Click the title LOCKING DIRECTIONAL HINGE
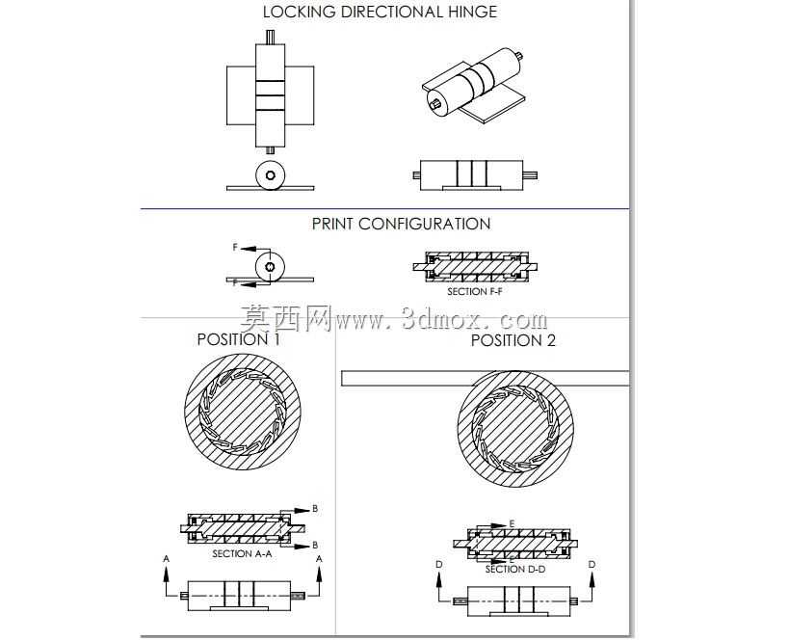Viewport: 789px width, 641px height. point(380,12)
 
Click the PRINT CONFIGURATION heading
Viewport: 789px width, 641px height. point(401,224)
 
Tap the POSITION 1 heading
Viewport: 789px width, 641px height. point(238,339)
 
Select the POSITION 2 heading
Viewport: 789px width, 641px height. point(513,340)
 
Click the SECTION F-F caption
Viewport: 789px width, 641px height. point(475,291)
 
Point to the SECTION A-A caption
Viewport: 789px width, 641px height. point(242,553)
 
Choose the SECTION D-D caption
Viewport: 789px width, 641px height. point(515,569)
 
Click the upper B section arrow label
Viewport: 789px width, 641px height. point(315,509)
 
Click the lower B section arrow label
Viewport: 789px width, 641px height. point(315,545)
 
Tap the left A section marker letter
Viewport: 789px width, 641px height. point(167,558)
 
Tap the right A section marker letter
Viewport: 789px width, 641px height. point(319,558)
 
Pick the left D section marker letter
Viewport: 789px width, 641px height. point(438,565)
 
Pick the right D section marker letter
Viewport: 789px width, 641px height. point(592,565)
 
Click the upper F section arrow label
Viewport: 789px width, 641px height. point(235,247)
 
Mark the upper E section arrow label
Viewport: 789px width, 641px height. point(512,523)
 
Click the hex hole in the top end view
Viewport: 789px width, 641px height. point(270,175)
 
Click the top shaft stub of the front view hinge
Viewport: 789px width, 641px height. point(270,38)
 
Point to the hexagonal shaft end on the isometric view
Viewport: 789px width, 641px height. point(435,103)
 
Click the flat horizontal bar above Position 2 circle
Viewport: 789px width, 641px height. point(486,378)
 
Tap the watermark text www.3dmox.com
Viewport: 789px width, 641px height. point(441,320)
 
